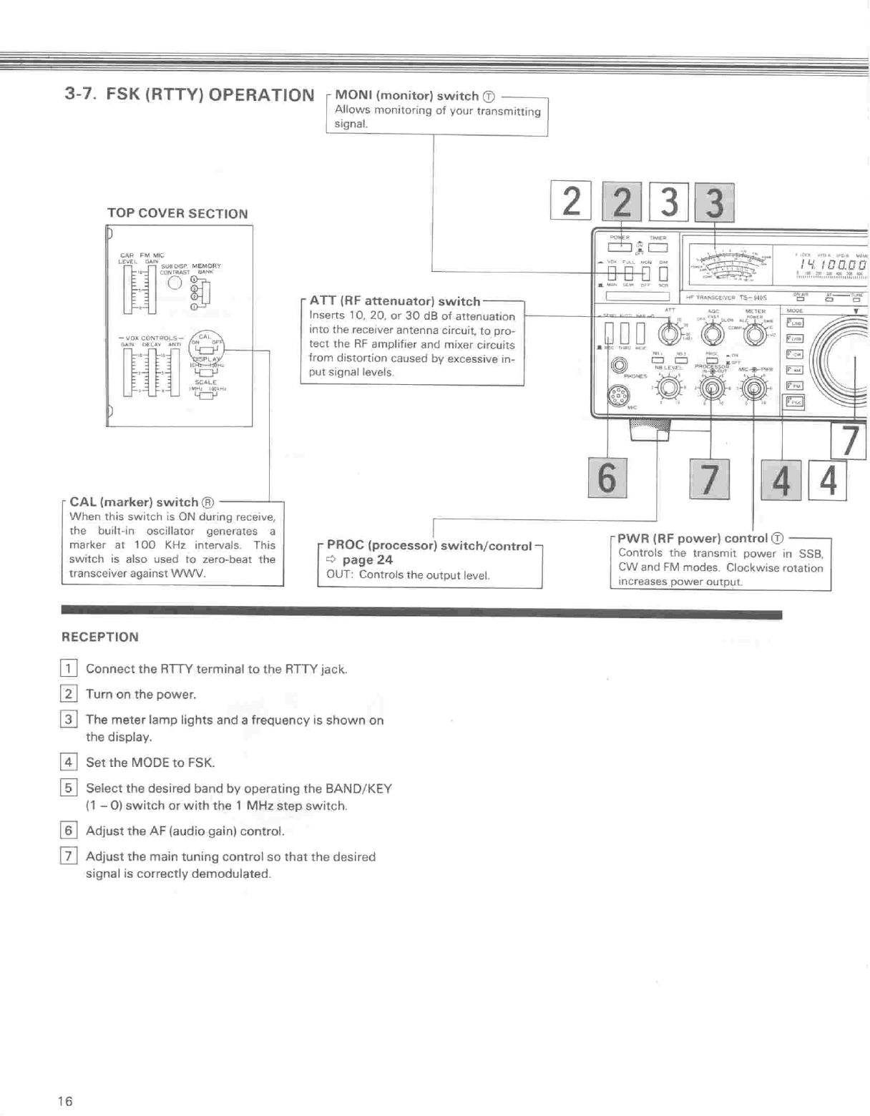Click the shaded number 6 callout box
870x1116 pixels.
(607, 478)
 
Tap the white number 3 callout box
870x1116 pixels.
(669, 202)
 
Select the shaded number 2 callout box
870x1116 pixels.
(622, 202)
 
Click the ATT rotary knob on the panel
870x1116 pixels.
(669, 333)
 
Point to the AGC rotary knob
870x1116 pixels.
(712, 333)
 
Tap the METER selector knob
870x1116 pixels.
(755, 333)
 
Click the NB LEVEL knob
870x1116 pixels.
(669, 388)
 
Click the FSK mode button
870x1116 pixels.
(794, 401)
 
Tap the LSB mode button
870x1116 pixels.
(794, 323)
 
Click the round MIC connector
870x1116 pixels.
(618, 395)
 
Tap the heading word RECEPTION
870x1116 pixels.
(100, 637)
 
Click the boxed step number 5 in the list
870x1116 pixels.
(68, 788)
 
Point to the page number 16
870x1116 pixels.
(65, 1101)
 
